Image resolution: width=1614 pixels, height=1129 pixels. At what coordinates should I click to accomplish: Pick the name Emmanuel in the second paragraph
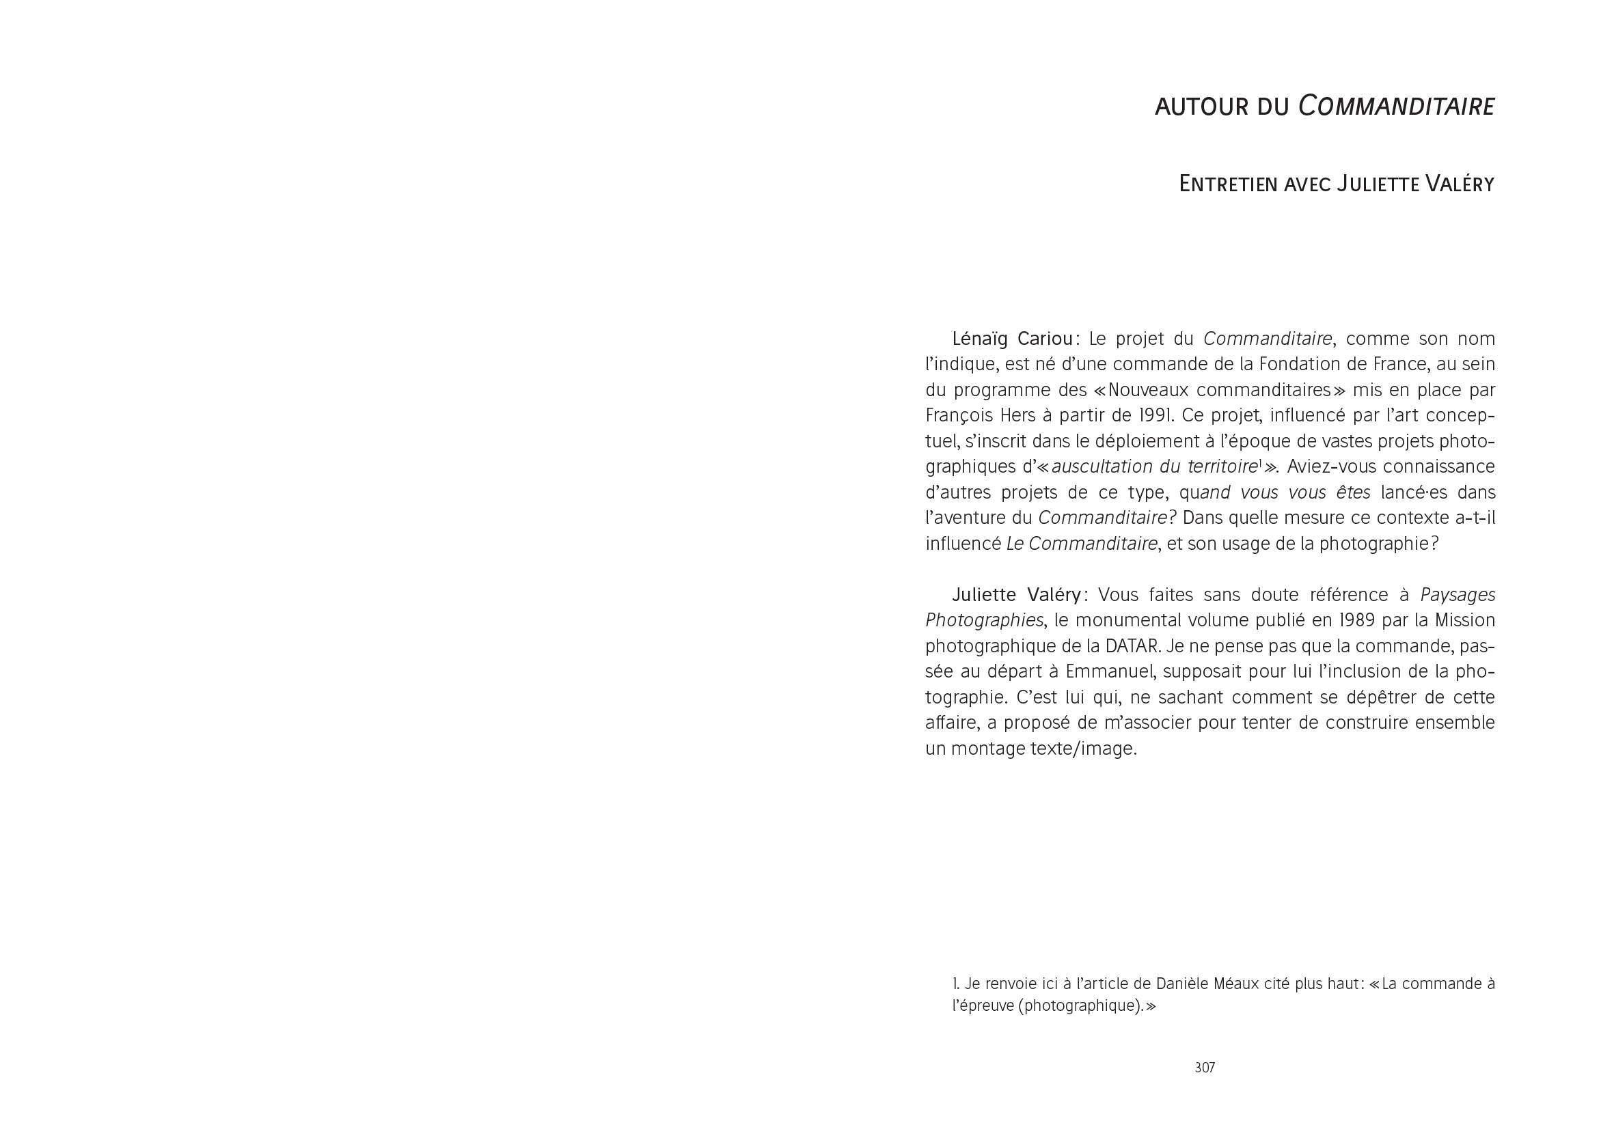point(1109,671)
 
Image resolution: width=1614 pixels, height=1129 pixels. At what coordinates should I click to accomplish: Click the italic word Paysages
point(1458,595)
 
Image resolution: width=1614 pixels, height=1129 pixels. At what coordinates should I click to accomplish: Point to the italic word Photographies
point(983,620)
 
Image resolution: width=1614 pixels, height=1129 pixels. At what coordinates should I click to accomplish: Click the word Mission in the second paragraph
point(1464,620)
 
